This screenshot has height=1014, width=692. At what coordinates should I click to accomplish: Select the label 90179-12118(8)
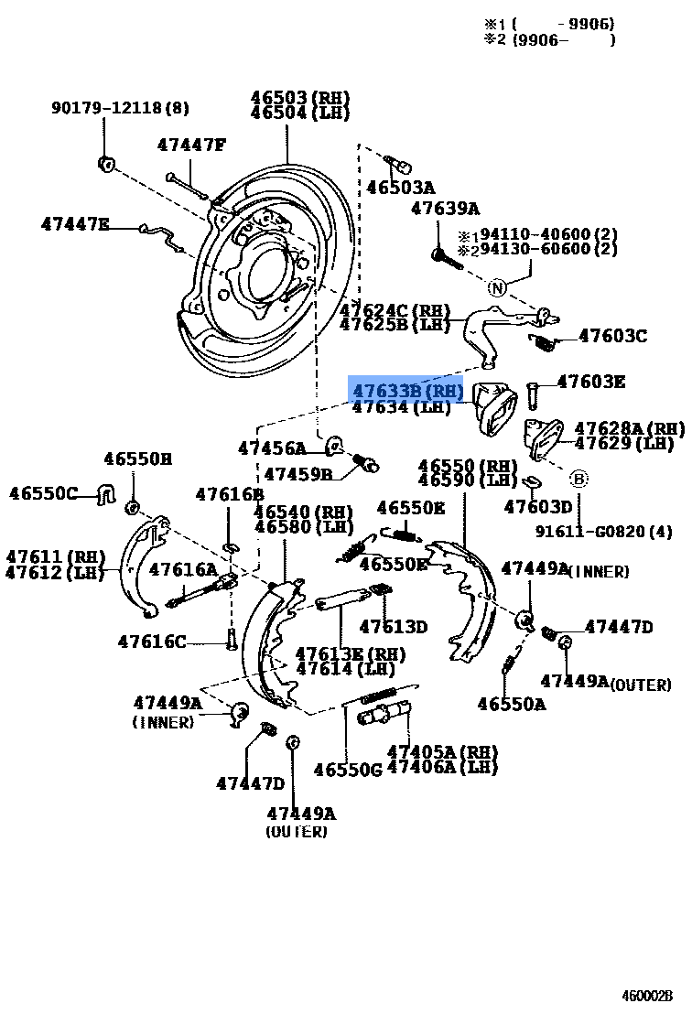coord(120,108)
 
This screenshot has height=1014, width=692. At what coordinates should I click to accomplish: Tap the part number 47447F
coord(190,145)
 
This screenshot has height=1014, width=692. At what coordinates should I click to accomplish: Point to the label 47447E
coord(75,223)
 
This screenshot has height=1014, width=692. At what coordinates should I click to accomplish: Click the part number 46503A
coord(400,188)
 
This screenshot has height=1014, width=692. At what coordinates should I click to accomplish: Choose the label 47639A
coord(445,208)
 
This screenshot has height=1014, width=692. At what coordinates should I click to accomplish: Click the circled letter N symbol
coord(496,288)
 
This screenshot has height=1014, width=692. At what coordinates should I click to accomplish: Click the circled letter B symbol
coord(578,478)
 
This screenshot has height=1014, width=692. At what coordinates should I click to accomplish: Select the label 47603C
coord(612,336)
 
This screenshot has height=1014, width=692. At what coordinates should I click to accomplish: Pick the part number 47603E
coord(591,382)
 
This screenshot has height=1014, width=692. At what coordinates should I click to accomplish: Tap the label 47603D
coord(537,506)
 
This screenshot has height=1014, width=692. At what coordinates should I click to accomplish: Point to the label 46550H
coord(137,458)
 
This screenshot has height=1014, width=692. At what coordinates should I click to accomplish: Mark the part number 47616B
coord(229,495)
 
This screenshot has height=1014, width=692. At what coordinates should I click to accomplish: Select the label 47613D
coord(393,627)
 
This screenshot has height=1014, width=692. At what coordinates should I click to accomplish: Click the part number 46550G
coord(347,770)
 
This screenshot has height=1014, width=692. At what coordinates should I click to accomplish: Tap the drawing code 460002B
coord(647,996)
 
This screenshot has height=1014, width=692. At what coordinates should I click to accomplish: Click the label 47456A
coord(272,448)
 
